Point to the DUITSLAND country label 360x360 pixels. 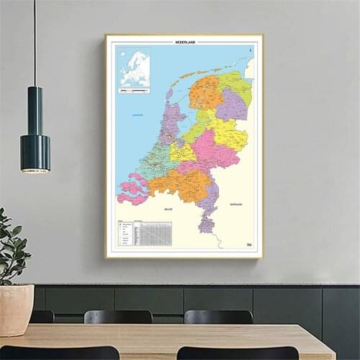click(236, 204)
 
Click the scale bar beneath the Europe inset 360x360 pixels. click(134, 91)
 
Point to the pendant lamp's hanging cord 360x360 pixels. click(35, 43)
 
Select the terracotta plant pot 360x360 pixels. click(16, 309)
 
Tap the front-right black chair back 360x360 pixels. click(227, 353)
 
